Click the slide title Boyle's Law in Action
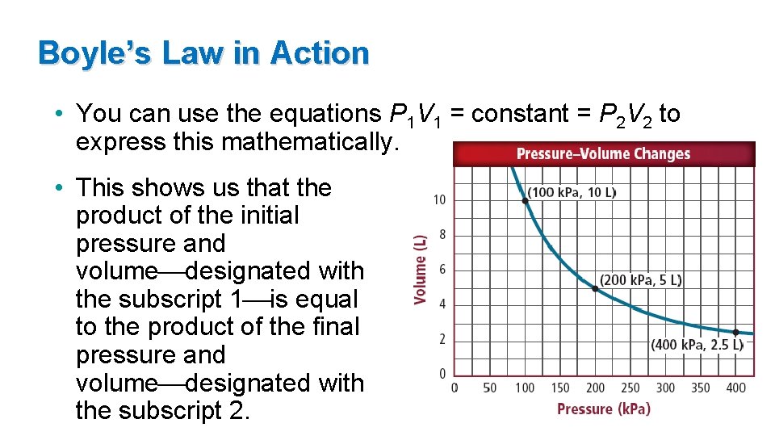click(203, 53)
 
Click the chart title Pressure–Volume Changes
click(603, 153)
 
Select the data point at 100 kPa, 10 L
click(525, 199)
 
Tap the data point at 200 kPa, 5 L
click(595, 287)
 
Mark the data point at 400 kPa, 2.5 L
click(735, 332)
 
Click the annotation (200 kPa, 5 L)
click(641, 280)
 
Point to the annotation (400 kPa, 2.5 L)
click(697, 345)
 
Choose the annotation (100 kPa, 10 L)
click(572, 192)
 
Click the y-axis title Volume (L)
click(420, 270)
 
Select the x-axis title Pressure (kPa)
click(603, 409)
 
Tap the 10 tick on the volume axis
click(440, 199)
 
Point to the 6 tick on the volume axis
click(442, 270)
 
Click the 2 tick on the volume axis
click(442, 339)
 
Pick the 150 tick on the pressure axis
click(560, 388)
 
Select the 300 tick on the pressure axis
click(665, 388)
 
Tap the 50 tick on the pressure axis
click(489, 388)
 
